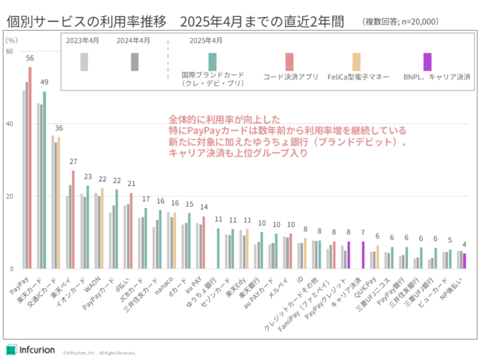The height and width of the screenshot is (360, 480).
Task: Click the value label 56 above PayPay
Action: click(30, 59)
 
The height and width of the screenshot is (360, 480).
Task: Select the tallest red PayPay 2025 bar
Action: click(30, 167)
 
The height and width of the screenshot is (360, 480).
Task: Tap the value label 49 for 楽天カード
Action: click(45, 83)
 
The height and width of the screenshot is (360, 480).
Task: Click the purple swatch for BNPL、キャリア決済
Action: click(427, 62)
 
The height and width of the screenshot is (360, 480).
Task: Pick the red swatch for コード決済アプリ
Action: click(289, 62)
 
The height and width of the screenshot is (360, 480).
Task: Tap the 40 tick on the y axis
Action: click(9, 124)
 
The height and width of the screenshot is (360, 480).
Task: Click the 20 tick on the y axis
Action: click(9, 197)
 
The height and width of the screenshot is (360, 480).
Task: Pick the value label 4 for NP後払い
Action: click(465, 245)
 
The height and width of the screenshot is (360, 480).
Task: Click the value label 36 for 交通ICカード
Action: click(59, 129)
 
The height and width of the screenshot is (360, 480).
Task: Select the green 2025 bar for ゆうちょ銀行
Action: click(218, 248)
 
